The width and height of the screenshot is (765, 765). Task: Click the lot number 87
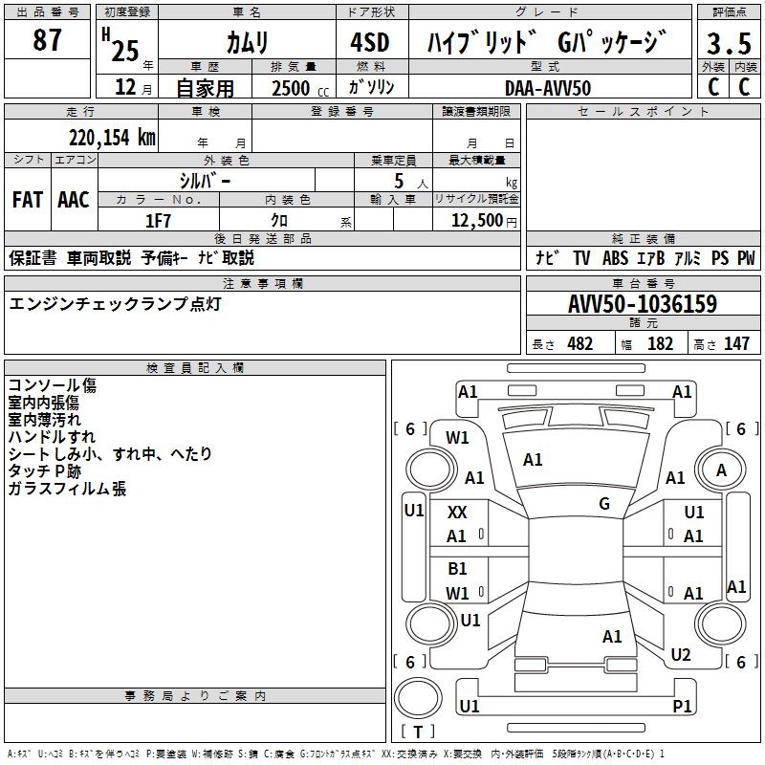(47, 41)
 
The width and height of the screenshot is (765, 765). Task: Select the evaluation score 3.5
(728, 44)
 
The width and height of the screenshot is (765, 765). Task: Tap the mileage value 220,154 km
(112, 138)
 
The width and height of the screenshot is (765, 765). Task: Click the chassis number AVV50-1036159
(643, 305)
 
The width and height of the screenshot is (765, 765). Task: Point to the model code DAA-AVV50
(548, 87)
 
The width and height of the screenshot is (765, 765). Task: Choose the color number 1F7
(158, 220)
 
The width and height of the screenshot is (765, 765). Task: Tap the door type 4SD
(368, 43)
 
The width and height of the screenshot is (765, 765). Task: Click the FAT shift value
(27, 200)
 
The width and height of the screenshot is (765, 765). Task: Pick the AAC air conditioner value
(74, 200)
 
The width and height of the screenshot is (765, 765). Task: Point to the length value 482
(579, 344)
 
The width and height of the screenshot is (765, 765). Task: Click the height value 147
(736, 344)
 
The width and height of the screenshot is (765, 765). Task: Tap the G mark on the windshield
(604, 504)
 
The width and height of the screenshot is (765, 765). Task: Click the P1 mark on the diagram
(682, 706)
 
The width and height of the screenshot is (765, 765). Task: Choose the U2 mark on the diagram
(681, 655)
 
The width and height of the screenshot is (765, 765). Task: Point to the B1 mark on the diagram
(457, 569)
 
